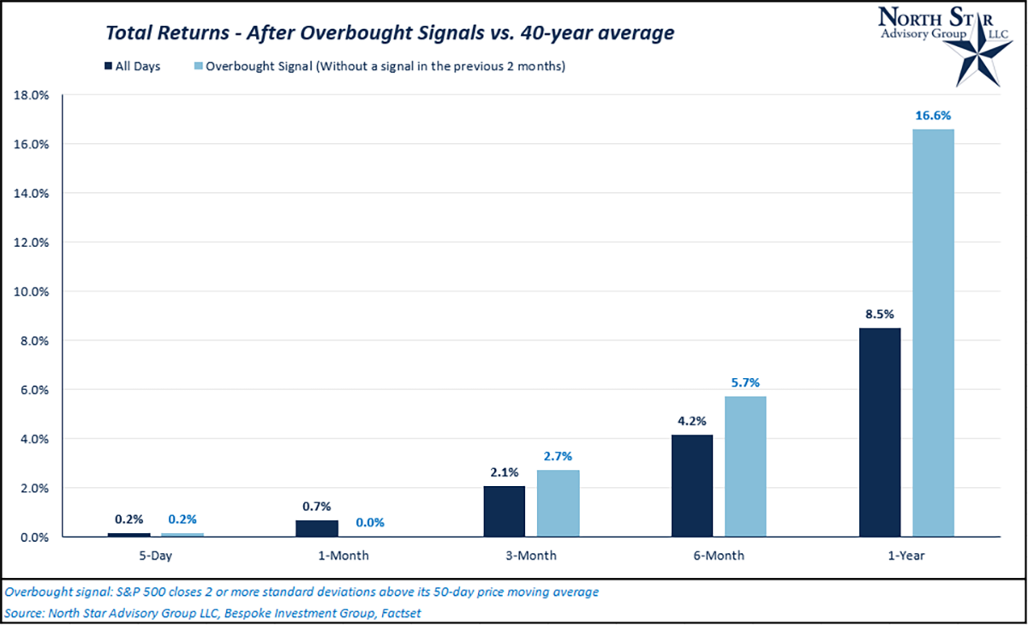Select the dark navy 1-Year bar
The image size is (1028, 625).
[879, 432]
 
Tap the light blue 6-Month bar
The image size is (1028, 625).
[745, 466]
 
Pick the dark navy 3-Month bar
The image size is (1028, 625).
[505, 512]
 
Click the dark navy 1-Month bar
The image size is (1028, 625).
[317, 528]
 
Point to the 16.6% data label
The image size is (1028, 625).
[933, 115]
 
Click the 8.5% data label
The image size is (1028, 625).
[879, 314]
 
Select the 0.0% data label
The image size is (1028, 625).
[370, 522]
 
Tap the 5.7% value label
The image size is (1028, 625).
[745, 382]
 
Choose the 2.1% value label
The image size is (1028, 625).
[505, 472]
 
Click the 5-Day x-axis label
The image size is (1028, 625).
[156, 556]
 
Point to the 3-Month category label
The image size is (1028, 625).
[531, 556]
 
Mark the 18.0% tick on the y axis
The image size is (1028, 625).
[32, 95]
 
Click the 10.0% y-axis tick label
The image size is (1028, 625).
[32, 291]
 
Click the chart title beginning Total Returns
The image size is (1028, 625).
[390, 33]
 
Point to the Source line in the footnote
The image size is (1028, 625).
[213, 613]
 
